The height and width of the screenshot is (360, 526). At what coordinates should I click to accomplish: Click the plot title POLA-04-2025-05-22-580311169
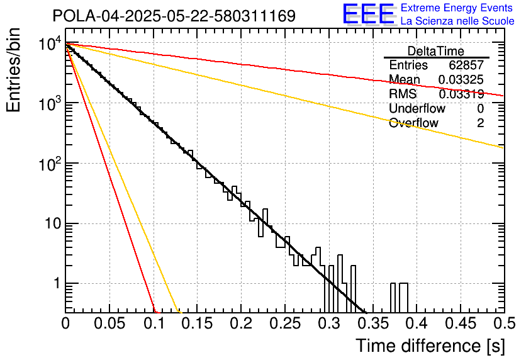174,16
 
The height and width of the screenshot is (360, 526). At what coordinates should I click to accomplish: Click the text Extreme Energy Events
457,8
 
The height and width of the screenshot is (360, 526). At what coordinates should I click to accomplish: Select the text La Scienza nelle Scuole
457,21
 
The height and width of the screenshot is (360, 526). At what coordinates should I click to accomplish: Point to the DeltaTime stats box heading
436,51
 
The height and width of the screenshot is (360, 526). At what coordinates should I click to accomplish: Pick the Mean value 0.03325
461,80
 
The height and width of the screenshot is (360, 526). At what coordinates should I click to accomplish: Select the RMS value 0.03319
461,94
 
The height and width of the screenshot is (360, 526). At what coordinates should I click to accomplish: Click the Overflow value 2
480,123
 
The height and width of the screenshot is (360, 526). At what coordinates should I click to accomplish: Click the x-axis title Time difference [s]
430,346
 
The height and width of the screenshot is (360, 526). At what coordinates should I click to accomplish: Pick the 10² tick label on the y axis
48,164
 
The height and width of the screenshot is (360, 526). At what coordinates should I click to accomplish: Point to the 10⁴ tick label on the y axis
48,44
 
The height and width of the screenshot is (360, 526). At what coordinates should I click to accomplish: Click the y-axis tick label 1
55,284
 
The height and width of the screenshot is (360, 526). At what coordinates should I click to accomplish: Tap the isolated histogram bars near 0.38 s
398,297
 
